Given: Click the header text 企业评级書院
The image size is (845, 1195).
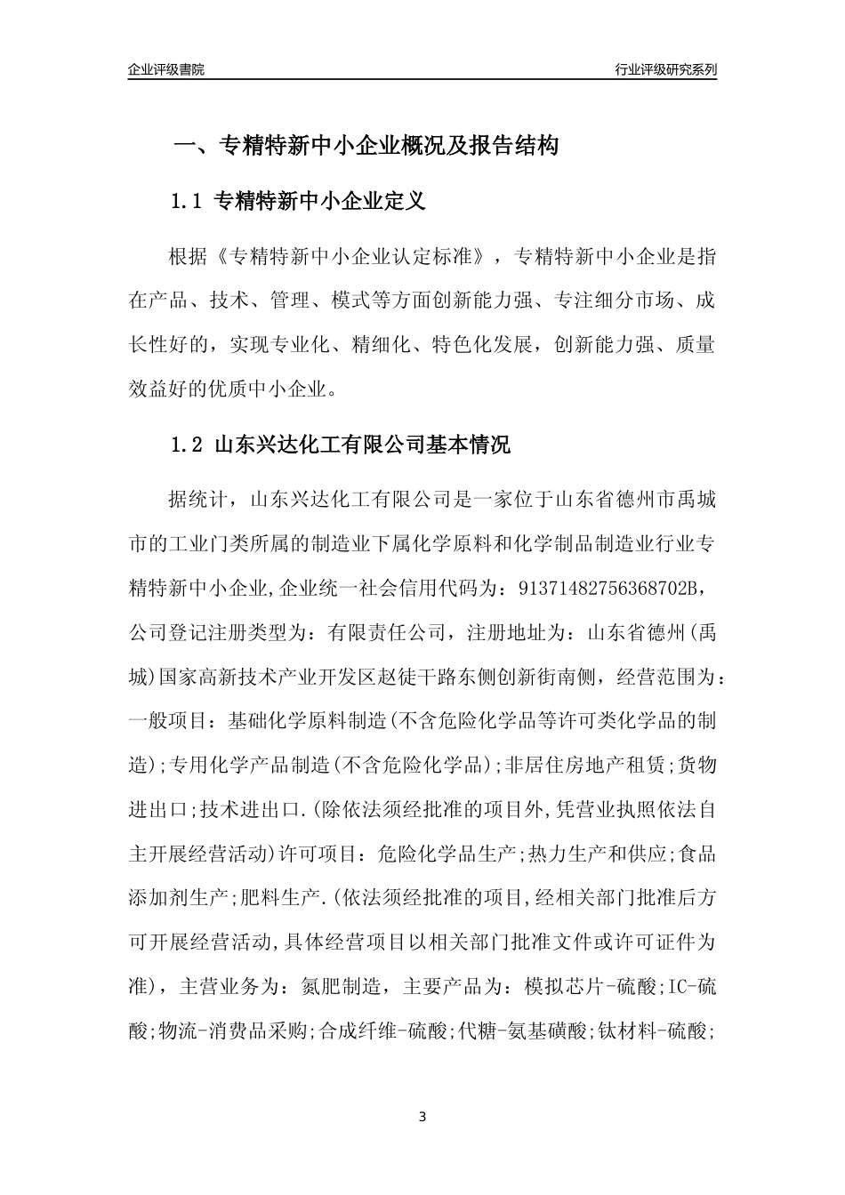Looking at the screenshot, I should pos(166,69).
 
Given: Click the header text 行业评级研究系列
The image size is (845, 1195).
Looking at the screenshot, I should pos(665,69).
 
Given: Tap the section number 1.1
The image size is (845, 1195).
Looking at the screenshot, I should pos(189,202).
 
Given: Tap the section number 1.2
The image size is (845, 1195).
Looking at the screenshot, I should pos(189,445).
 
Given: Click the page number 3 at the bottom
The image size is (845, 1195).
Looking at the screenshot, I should pos(422,1117).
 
